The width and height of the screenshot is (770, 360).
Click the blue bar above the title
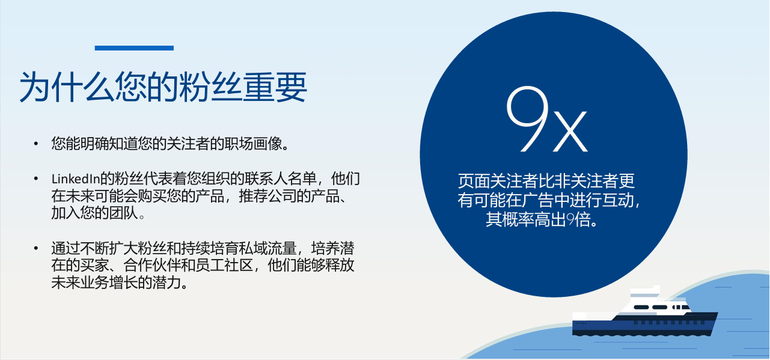(x=134, y=48)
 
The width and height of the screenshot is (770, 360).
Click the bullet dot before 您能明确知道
(x=36, y=144)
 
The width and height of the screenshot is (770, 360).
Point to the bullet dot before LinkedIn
(x=36, y=179)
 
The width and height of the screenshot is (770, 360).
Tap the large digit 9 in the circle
(x=527, y=118)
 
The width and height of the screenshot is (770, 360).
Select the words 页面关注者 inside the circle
(x=495, y=181)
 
